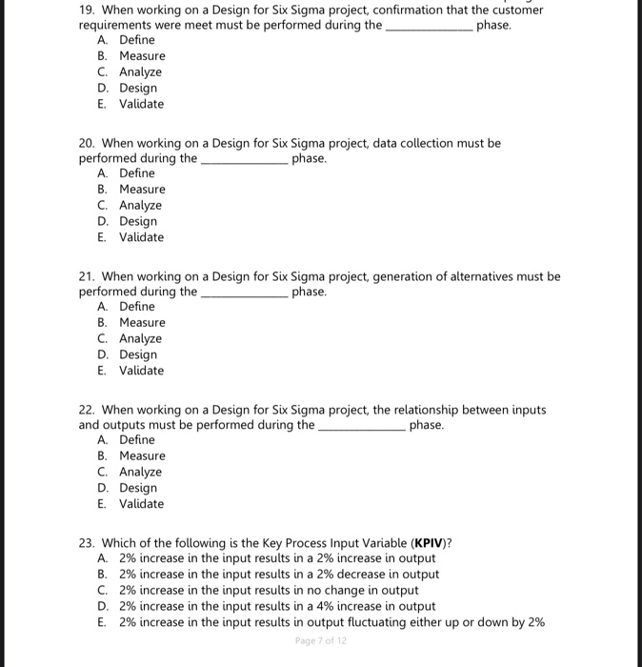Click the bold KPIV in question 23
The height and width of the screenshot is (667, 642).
coord(426,543)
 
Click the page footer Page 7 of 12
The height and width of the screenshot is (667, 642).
coord(321,640)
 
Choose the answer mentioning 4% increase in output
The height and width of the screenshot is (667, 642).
coord(276,606)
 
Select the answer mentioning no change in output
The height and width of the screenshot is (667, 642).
coord(268,590)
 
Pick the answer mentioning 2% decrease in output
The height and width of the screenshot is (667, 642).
coord(278,574)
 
